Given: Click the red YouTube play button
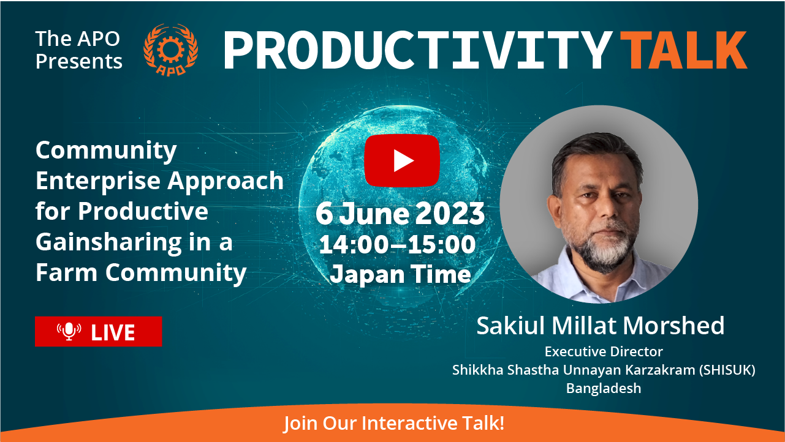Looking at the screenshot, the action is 402,160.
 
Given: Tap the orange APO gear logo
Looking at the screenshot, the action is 171,50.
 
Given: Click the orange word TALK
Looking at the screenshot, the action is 684,50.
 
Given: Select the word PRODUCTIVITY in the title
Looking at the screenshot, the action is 418,50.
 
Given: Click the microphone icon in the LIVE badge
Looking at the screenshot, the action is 69,331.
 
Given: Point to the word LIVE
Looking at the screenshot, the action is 113,332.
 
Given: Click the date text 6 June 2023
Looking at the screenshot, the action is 400,213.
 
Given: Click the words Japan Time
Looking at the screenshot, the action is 401,274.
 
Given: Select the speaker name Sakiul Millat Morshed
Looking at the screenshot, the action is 601,326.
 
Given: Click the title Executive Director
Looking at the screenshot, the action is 604,351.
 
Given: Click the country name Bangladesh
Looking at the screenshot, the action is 604,389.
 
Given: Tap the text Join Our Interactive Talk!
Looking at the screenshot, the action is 394,423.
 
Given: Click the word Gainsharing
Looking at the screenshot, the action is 108,243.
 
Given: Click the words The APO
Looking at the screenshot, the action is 78,39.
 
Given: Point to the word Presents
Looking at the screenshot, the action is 79,61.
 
